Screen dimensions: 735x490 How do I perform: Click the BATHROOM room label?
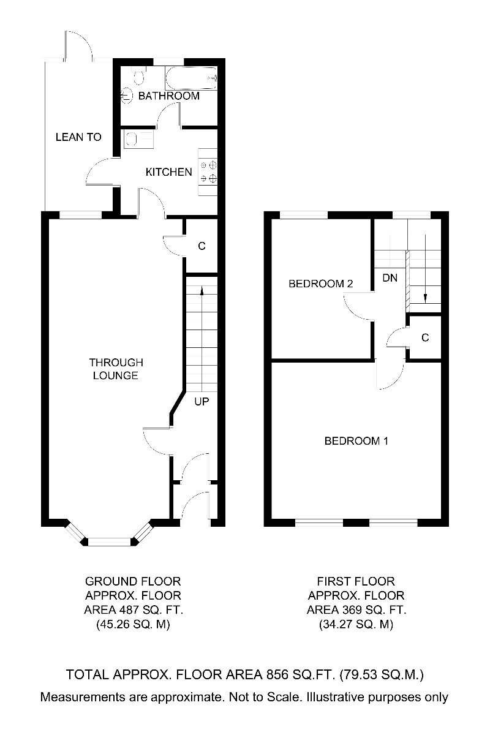coord(168,96)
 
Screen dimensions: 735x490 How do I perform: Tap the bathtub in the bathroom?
coord(191,78)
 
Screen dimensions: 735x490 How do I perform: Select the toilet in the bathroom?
coord(138,77)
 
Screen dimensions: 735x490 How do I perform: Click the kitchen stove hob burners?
coord(209,171)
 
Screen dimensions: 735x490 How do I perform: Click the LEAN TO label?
coord(78,137)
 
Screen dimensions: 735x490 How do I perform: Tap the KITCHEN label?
coord(168,172)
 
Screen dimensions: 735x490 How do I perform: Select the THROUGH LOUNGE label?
coord(115,369)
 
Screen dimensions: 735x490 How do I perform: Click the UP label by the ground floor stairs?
coord(202,402)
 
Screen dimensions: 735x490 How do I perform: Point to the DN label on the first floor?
coord(390,277)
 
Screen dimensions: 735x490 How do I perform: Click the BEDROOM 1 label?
coord(356,440)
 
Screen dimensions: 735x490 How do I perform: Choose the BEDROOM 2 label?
coord(321,284)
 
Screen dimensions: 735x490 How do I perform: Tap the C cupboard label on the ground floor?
coord(201,246)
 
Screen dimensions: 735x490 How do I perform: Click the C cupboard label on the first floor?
coord(424,337)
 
